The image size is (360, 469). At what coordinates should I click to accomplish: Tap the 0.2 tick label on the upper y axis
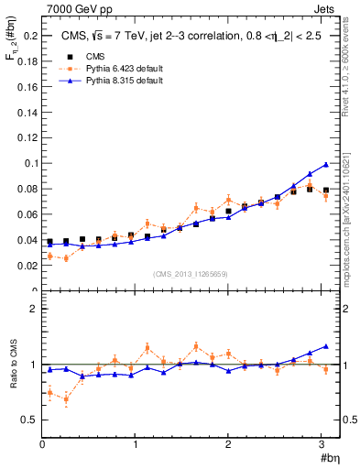coord(30,36)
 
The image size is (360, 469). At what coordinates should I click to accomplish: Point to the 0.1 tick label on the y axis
coord(30,163)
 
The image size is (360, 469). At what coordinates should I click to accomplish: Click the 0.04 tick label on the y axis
coord(27,240)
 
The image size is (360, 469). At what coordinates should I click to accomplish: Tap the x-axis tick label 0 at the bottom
coord(42,444)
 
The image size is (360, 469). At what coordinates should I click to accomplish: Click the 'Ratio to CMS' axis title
coord(11,365)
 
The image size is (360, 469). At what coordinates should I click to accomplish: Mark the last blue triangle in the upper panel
coord(326,165)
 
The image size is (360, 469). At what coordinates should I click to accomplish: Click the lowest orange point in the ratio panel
coord(66,399)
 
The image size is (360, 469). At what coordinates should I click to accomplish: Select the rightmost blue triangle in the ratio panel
coord(326,347)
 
